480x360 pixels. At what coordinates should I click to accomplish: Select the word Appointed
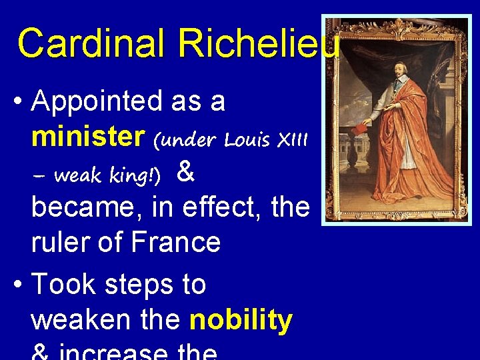(97, 103)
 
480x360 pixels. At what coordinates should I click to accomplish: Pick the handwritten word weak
(76, 175)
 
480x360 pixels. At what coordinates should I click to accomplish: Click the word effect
(227, 207)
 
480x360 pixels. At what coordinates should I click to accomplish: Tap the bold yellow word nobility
(241, 320)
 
